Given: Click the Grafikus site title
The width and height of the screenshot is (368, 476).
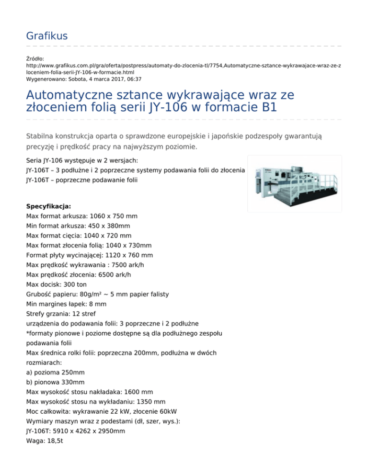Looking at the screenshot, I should [46, 35].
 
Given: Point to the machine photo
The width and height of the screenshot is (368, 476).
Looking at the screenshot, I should [294, 184].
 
